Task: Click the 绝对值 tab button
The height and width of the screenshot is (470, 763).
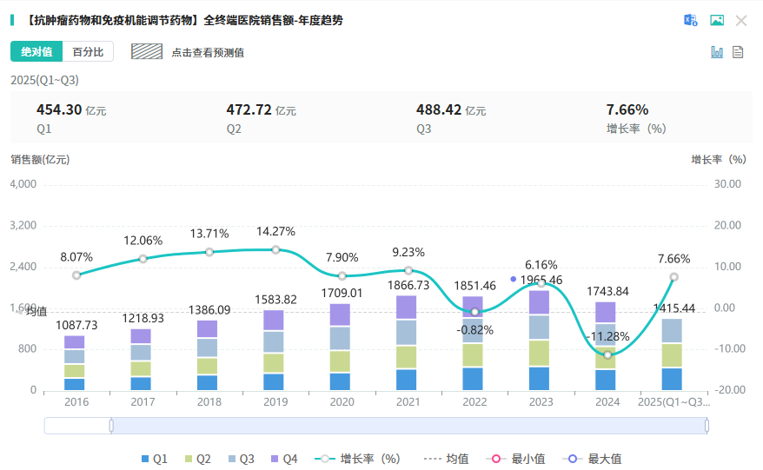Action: (x=36, y=52)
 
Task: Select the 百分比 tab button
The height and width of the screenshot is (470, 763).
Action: (x=88, y=52)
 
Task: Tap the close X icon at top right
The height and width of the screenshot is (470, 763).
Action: (x=741, y=21)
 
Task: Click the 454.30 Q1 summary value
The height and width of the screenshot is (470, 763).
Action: (x=59, y=110)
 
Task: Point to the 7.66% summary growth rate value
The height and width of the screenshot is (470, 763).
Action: (x=627, y=110)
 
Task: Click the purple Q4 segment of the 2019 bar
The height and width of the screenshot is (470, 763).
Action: (x=274, y=320)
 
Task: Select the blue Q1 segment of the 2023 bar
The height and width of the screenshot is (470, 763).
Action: (x=540, y=378)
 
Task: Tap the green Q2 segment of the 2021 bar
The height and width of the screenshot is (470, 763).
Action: (x=407, y=356)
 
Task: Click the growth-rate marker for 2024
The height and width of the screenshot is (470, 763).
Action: (x=607, y=354)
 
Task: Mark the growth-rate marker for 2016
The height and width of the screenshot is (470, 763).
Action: (x=76, y=275)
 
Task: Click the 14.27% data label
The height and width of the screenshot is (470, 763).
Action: (x=275, y=232)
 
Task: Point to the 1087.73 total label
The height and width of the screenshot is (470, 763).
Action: (x=76, y=325)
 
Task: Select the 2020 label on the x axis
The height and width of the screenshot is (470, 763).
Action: (x=342, y=402)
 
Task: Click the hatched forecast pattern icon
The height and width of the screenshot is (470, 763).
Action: (x=147, y=51)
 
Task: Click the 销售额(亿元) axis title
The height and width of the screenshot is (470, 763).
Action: (x=40, y=160)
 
